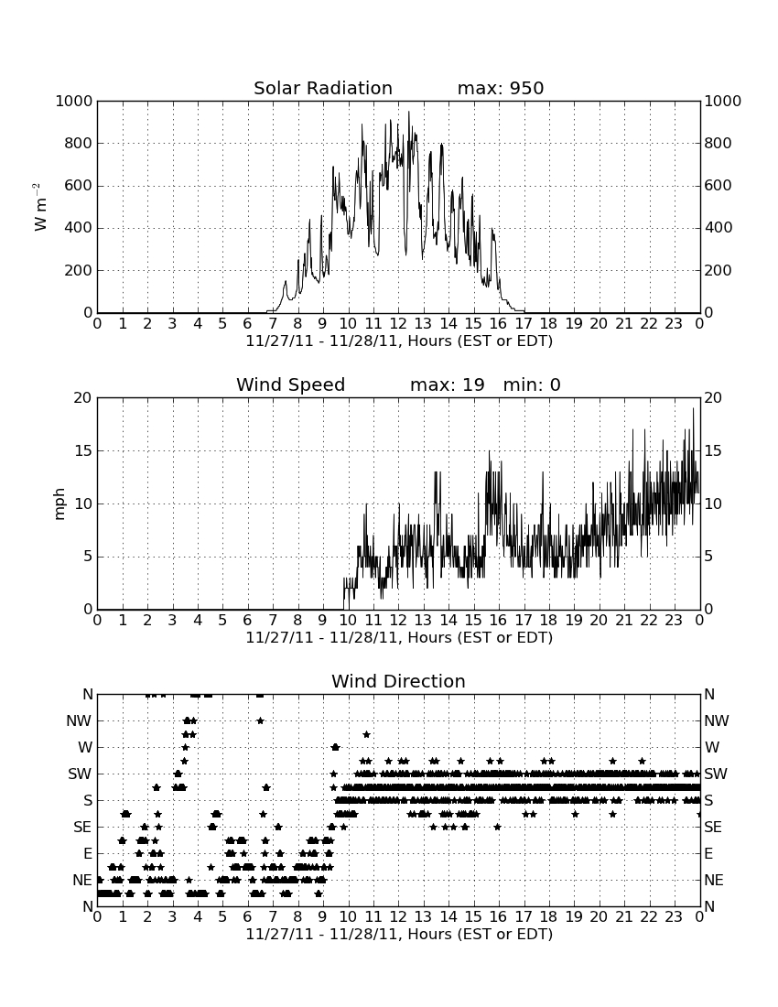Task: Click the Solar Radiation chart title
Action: (x=323, y=88)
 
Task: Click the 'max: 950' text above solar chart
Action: (x=501, y=88)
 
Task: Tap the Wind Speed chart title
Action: (x=291, y=384)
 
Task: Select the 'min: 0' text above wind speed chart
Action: (x=532, y=384)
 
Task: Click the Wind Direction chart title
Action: (x=398, y=681)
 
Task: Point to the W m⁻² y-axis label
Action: (x=39, y=207)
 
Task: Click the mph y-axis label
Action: (x=59, y=504)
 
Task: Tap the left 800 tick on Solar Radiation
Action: (x=79, y=143)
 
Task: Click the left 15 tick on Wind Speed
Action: (x=83, y=450)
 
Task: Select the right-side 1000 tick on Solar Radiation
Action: (x=723, y=101)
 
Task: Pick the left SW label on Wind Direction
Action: (x=80, y=774)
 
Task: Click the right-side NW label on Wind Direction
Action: (x=717, y=720)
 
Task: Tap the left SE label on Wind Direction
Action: (x=82, y=828)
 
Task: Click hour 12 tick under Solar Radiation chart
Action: (x=398, y=324)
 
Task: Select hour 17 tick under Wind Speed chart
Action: (x=524, y=621)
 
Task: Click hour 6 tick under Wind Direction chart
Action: (x=248, y=917)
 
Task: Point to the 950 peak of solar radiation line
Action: (x=409, y=112)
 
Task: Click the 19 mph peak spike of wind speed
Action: (x=693, y=408)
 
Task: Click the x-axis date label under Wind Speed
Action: (x=399, y=638)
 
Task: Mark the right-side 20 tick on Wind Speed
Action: (x=713, y=397)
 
